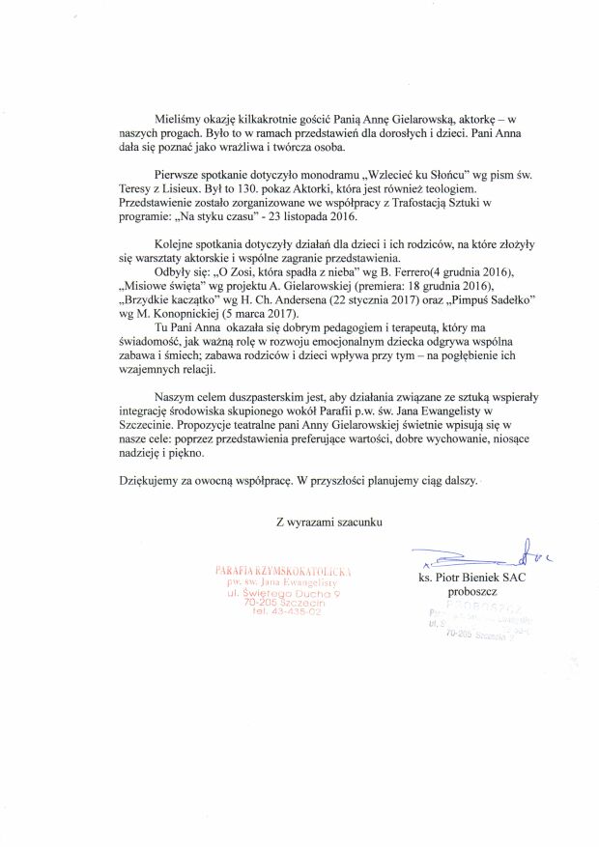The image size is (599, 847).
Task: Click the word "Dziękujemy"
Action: coord(153,480)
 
